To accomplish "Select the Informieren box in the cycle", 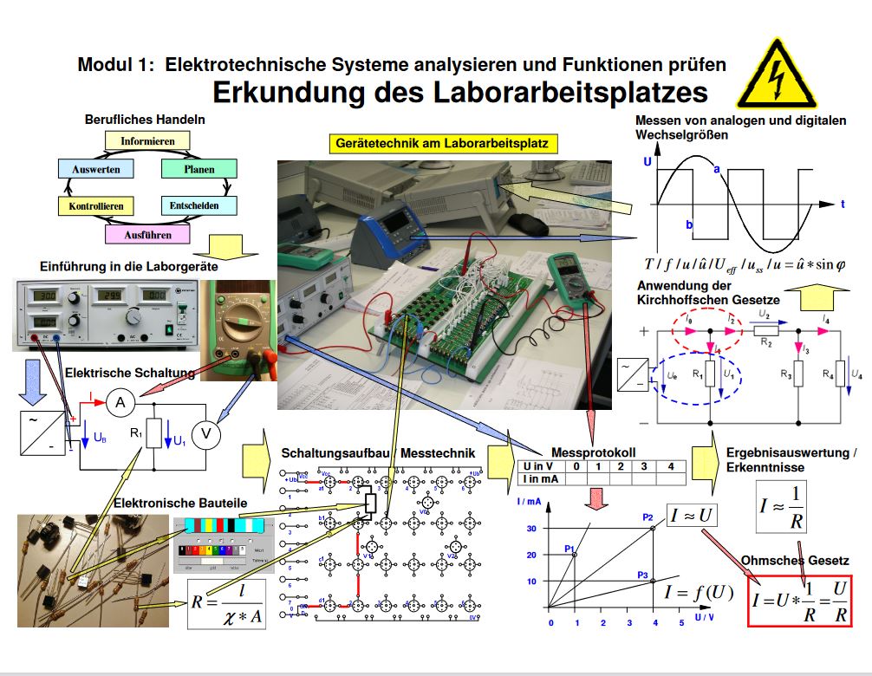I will pos(147,140).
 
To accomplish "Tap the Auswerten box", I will pos(96,169).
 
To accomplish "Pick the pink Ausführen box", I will pos(148,234).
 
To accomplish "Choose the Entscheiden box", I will pos(190,205).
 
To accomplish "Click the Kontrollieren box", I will pos(96,206).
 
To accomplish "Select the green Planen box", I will pos(199,169).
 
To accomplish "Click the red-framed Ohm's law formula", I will pos(801,601).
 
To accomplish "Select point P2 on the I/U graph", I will pos(654,528).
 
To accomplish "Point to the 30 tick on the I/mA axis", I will pos(532,529).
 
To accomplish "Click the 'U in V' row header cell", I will pos(539,466).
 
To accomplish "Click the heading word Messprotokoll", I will pos(593,452).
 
